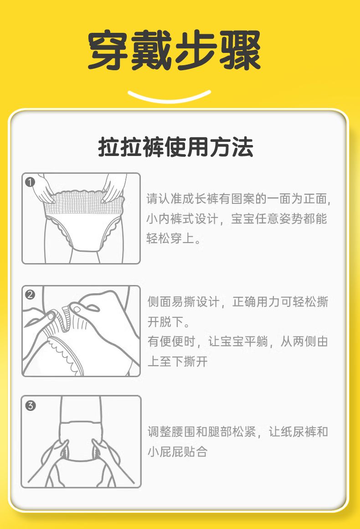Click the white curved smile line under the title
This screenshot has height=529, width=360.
169,97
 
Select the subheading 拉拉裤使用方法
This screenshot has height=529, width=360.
175,147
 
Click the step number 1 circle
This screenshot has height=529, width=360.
30,182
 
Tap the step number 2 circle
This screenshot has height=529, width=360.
30,295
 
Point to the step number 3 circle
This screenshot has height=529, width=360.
31,405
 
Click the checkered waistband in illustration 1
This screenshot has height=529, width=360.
82,203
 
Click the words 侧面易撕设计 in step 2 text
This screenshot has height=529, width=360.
184,301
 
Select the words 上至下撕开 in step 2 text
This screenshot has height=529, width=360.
178,361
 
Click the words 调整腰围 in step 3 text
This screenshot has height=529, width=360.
172,431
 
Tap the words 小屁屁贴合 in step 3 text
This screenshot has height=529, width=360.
178,451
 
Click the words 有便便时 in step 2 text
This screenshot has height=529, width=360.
172,342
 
